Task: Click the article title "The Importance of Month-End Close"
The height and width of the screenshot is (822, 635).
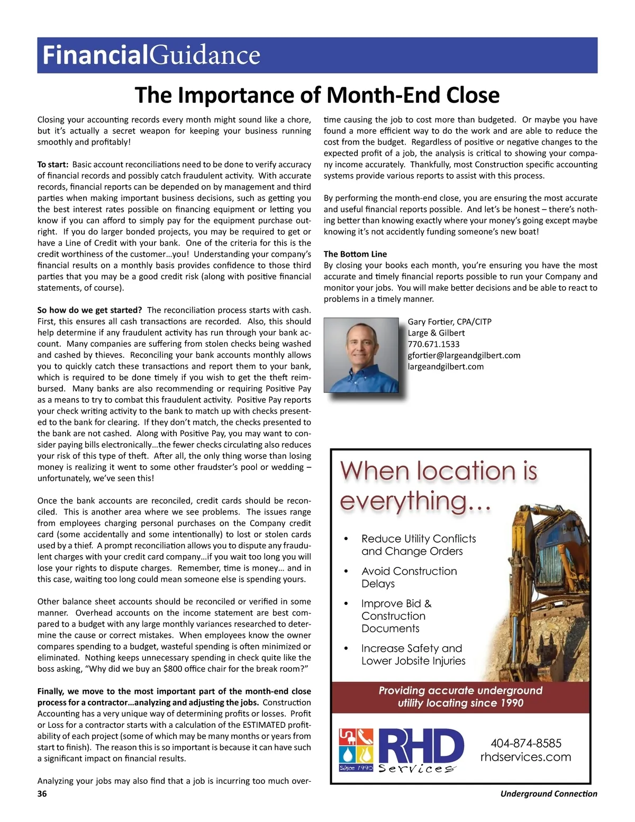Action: [317, 95]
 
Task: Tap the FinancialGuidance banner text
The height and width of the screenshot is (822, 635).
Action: [151, 56]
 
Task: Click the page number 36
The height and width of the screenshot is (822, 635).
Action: [42, 793]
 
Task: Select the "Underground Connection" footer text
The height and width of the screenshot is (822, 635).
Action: [548, 793]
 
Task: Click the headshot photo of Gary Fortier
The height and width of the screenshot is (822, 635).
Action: [361, 355]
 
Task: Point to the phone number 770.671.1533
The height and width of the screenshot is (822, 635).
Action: [433, 344]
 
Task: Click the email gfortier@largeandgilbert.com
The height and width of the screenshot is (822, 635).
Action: [464, 355]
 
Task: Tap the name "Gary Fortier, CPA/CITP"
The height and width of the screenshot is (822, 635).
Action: [449, 322]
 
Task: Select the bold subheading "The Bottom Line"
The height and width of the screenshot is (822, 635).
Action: [355, 254]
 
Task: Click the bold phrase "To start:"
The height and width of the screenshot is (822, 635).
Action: [53, 165]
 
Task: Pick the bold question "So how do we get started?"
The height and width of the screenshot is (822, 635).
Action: [89, 310]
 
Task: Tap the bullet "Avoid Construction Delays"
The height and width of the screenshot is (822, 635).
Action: [409, 577]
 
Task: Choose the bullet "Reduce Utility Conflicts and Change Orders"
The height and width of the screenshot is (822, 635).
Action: [418, 545]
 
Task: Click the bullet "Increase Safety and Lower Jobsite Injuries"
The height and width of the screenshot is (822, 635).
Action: [413, 654]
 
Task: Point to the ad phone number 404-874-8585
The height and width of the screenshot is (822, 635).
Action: [525, 743]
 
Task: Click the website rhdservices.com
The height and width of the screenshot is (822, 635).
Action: [525, 757]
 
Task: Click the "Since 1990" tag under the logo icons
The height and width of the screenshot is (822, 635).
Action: [356, 767]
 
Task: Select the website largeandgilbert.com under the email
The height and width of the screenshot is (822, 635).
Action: [446, 366]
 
